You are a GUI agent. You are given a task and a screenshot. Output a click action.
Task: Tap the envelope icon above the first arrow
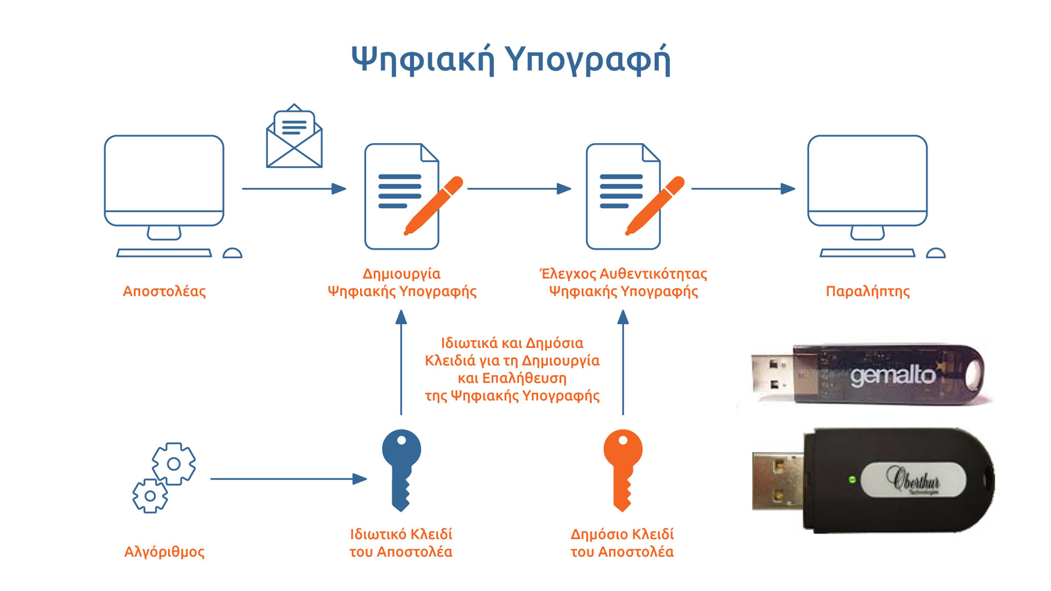tap(294, 138)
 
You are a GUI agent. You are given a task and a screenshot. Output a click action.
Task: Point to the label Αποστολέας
tap(164, 291)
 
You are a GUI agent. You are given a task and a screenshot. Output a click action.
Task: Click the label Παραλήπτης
tap(867, 291)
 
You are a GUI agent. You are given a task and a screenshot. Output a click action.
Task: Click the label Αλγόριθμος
tap(164, 552)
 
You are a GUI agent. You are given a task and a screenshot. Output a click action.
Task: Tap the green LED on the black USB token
tap(852, 480)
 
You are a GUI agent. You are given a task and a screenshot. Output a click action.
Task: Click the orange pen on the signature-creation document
tap(434, 205)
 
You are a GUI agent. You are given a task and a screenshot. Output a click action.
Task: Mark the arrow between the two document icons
tap(519, 188)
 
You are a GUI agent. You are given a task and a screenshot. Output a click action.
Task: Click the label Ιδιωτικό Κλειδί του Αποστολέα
tap(401, 543)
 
